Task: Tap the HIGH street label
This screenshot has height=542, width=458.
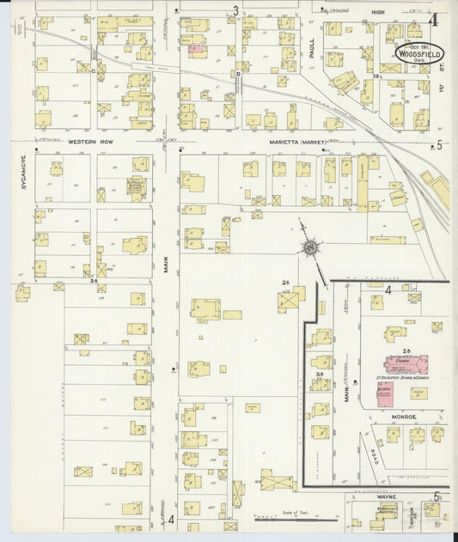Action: pyautogui.click(x=377, y=12)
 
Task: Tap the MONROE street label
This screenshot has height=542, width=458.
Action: pyautogui.click(x=403, y=417)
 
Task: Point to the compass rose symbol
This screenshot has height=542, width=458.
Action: pyautogui.click(x=308, y=248)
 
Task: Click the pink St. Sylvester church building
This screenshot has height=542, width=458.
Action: pyautogui.click(x=406, y=364)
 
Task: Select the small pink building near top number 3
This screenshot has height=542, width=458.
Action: pyautogui.click(x=196, y=49)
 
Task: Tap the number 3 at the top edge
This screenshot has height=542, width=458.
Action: pyautogui.click(x=235, y=10)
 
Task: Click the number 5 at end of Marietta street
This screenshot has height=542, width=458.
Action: pyautogui.click(x=439, y=144)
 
